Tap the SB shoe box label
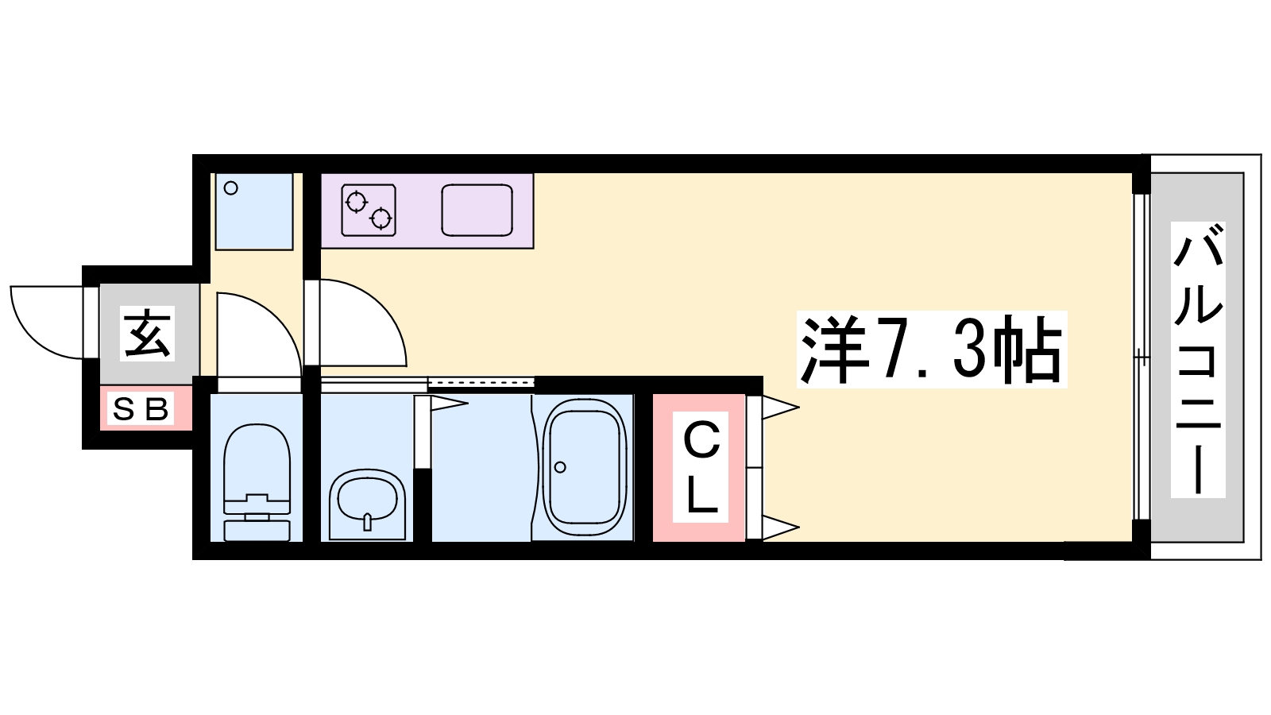(x=141, y=410)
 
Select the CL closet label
(x=701, y=468)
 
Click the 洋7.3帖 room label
(x=931, y=350)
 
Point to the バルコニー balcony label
(x=1197, y=359)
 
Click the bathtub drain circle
(x=560, y=467)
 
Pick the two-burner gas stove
(x=369, y=211)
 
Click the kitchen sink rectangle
(x=477, y=211)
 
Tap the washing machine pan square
(x=254, y=211)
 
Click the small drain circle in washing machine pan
(x=231, y=188)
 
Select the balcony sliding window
(x=1141, y=357)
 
